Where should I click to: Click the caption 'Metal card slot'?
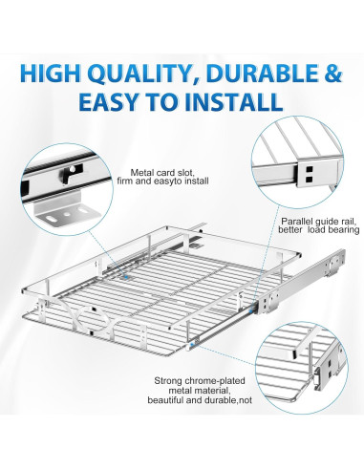(x=162, y=173)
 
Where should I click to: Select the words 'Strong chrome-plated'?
(x=200, y=380)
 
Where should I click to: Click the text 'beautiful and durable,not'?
(x=200, y=400)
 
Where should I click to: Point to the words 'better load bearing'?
(x=319, y=230)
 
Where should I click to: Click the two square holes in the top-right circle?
(x=309, y=173)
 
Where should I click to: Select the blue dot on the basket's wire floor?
(x=126, y=277)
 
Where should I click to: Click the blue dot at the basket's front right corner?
(x=192, y=345)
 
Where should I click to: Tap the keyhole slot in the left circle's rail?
(x=69, y=173)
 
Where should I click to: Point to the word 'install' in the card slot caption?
(x=197, y=182)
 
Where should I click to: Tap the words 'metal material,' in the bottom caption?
(x=199, y=390)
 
